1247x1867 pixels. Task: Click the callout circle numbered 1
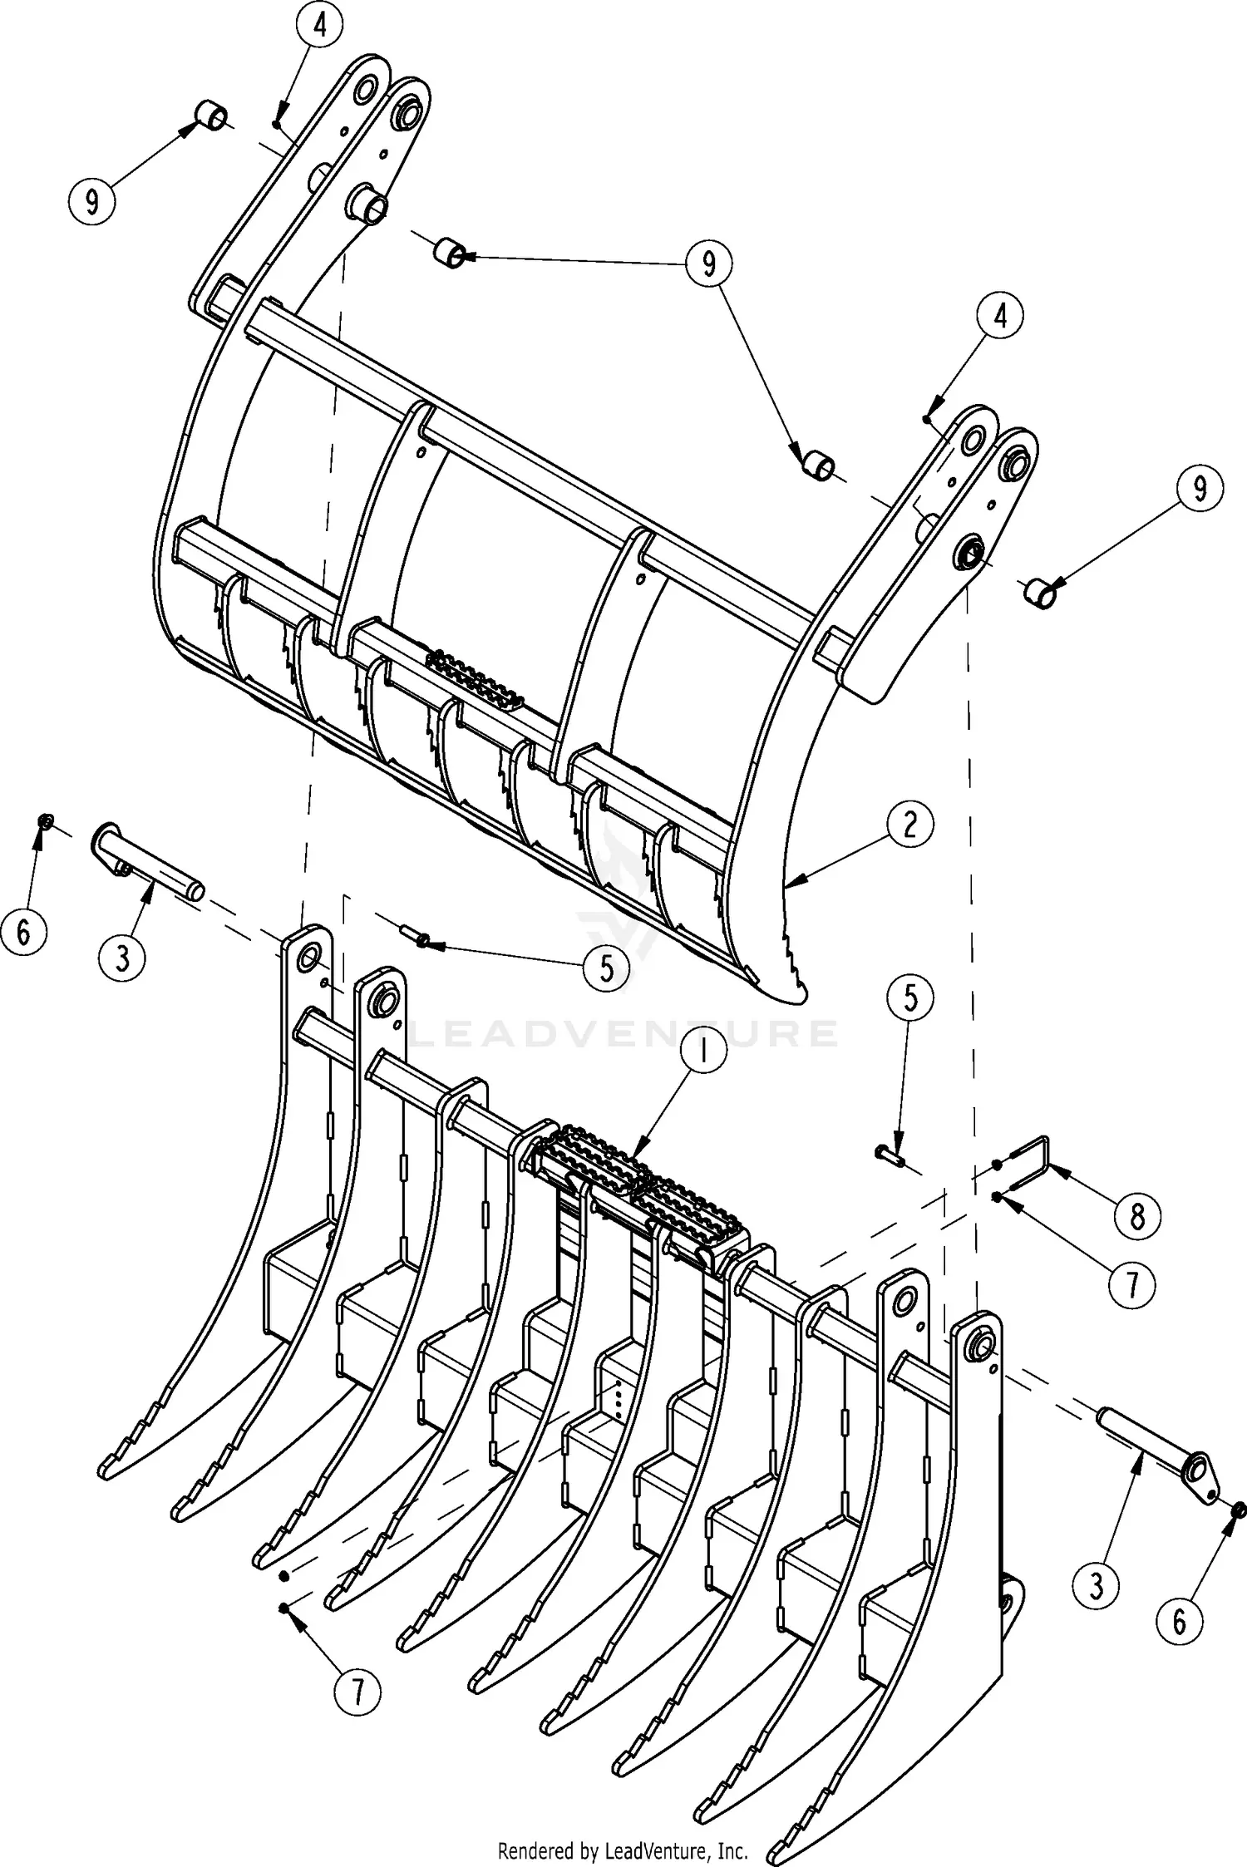702,1052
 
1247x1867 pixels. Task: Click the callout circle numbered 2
909,824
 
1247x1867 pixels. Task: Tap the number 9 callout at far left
91,200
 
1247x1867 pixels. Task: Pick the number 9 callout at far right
1199,490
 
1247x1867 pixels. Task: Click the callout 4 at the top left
319,26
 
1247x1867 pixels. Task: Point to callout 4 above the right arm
1000,317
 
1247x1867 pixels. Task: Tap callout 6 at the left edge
23,932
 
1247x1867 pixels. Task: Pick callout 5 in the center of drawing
606,968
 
